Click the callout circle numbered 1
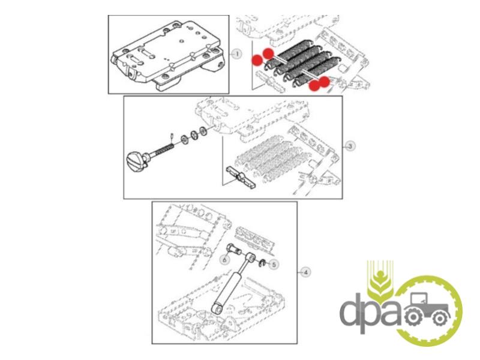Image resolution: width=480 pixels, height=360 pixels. [x=236, y=54]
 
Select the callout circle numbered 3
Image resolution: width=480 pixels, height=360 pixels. [x=350, y=146]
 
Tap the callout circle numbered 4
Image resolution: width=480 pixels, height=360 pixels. [x=306, y=272]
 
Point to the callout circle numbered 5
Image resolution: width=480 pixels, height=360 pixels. [x=274, y=264]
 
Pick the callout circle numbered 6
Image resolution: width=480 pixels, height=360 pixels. [x=224, y=260]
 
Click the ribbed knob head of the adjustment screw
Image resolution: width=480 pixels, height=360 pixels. [x=136, y=160]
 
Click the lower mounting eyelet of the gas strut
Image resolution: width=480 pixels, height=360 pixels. [x=217, y=309]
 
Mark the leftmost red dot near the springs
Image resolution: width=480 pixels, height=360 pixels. [x=257, y=61]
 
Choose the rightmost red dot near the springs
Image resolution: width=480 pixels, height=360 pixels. [x=324, y=82]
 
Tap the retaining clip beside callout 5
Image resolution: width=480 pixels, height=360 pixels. [x=263, y=263]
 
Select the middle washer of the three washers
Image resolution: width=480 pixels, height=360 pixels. [x=193, y=135]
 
